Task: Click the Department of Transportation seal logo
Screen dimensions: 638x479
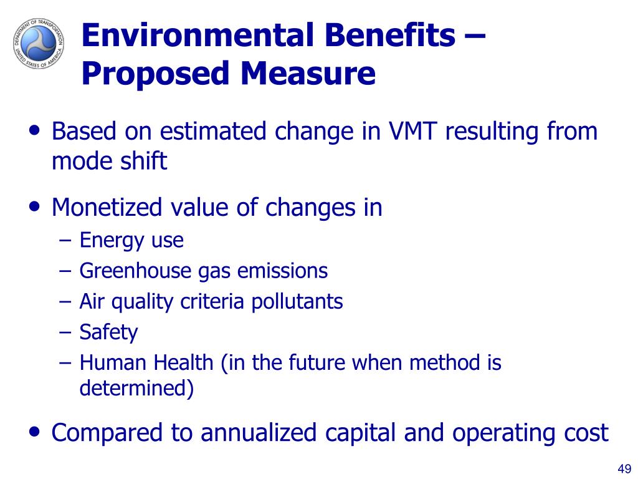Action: pyautogui.click(x=39, y=43)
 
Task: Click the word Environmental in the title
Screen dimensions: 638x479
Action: pyautogui.click(x=199, y=35)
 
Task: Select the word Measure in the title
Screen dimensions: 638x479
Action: pyautogui.click(x=308, y=74)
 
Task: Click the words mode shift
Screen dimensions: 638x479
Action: pyautogui.click(x=110, y=160)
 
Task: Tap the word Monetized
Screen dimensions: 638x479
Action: pyautogui.click(x=107, y=207)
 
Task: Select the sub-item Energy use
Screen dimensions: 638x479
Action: pyautogui.click(x=131, y=240)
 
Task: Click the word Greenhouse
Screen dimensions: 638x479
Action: pyautogui.click(x=135, y=271)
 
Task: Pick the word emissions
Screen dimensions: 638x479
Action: pyautogui.click(x=282, y=271)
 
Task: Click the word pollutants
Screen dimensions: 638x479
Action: pyautogui.click(x=297, y=302)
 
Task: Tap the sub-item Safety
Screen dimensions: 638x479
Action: pyautogui.click(x=108, y=332)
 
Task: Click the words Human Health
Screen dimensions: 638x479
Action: pyautogui.click(x=146, y=362)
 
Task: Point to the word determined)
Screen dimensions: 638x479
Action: pyautogui.click(x=136, y=388)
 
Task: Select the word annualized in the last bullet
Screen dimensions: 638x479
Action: pyautogui.click(x=259, y=432)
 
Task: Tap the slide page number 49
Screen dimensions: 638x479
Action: pyautogui.click(x=624, y=468)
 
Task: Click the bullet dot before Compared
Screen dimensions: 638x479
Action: pyautogui.click(x=35, y=431)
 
